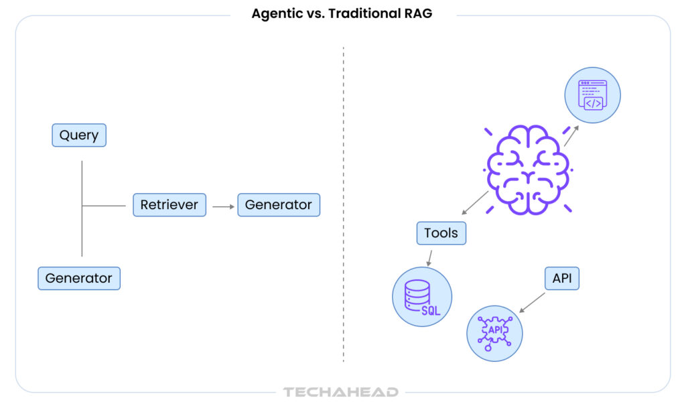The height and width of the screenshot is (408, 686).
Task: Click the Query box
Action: pyautogui.click(x=79, y=135)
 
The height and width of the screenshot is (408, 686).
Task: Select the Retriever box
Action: pyautogui.click(x=169, y=205)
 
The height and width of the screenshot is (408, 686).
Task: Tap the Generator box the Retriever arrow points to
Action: pyautogui.click(x=279, y=205)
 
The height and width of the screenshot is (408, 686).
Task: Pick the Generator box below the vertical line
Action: pyautogui.click(x=79, y=278)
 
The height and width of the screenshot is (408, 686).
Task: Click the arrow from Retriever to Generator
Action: pyautogui.click(x=222, y=206)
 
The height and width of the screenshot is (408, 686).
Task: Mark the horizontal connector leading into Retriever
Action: pyautogui.click(x=104, y=205)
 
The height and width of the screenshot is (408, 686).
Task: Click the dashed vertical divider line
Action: pyautogui.click(x=344, y=201)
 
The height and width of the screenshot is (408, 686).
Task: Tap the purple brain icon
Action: pyautogui.click(x=529, y=169)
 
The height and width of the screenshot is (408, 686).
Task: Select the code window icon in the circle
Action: pyautogui.click(x=593, y=95)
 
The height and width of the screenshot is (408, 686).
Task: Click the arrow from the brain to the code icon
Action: pyautogui.click(x=571, y=135)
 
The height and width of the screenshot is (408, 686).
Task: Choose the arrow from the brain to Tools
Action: pyautogui.click(x=475, y=203)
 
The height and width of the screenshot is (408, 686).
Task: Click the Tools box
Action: pyautogui.click(x=441, y=233)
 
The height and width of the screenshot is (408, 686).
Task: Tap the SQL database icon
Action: pyautogui.click(x=422, y=297)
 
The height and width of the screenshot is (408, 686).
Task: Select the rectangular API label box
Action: pyautogui.click(x=562, y=278)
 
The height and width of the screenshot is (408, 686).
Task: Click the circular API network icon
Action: pyautogui.click(x=495, y=333)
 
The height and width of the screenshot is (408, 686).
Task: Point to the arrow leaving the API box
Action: pyautogui.click(x=533, y=301)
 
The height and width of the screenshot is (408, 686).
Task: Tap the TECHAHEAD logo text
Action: pyautogui.click(x=341, y=393)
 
